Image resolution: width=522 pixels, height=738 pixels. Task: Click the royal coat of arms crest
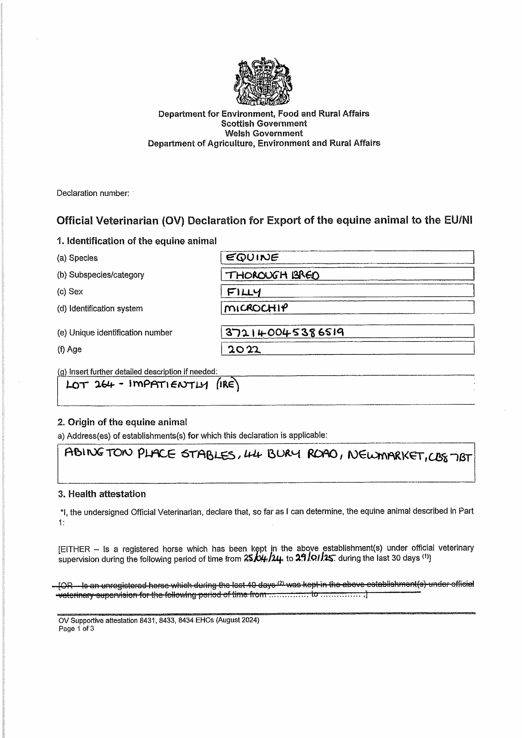point(263,81)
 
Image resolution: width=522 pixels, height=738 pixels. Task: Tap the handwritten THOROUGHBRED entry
point(272,275)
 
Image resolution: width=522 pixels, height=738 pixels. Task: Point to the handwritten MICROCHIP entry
point(256,308)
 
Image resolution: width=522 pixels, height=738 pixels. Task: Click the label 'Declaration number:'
point(93,193)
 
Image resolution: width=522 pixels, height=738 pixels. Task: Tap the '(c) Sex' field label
point(70,292)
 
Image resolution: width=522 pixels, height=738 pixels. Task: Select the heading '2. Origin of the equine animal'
point(122,422)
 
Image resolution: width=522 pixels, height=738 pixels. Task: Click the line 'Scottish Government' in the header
point(264,123)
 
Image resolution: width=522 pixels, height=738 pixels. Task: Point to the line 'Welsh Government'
point(264,133)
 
